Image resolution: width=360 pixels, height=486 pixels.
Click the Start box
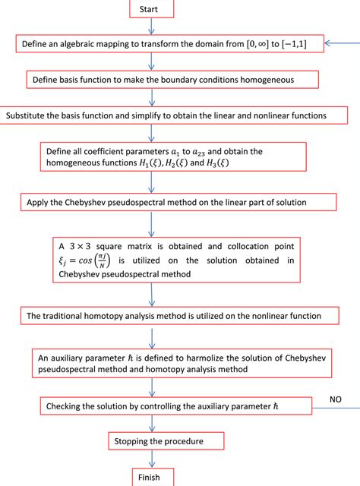click(x=153, y=8)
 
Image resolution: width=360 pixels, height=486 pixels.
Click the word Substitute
click(x=26, y=115)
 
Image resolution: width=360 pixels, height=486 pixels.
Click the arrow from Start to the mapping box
click(x=153, y=25)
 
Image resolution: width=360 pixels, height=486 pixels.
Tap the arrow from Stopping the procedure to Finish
click(x=154, y=459)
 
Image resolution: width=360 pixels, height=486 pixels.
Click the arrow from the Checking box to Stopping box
click(x=154, y=424)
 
